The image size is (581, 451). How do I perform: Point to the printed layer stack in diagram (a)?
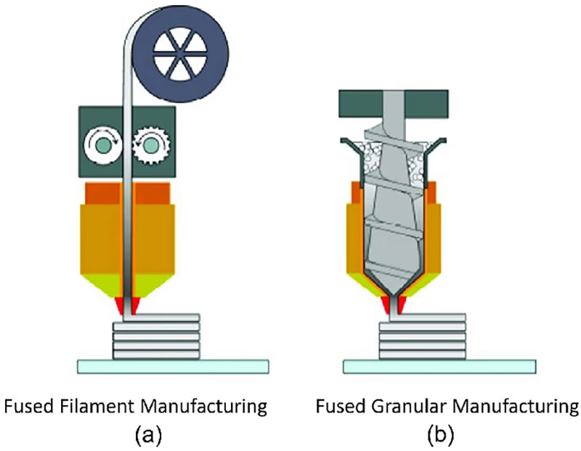[155, 338]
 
